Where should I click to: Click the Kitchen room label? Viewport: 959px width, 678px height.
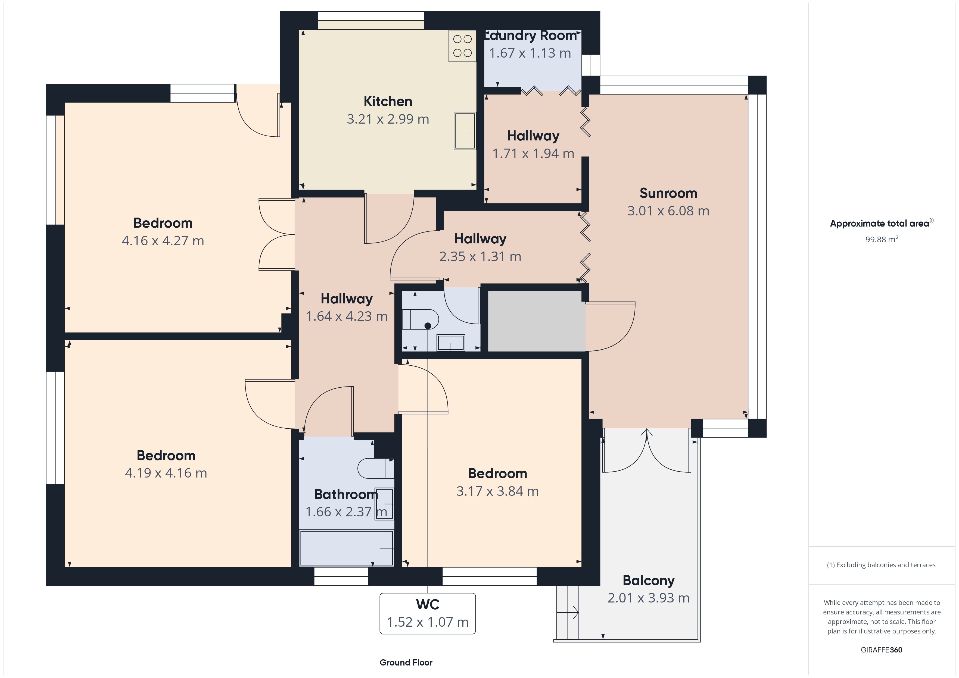tap(388, 101)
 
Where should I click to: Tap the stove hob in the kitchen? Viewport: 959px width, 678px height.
tap(462, 46)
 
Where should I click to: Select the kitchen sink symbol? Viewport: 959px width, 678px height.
tap(465, 131)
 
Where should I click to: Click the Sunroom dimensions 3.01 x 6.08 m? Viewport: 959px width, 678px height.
tap(668, 211)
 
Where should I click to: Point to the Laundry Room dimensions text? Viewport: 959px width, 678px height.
tap(530, 53)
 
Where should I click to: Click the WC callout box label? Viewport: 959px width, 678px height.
tap(428, 604)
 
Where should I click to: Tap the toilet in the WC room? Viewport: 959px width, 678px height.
tap(420, 319)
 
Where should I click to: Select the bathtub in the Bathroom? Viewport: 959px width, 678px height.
tap(347, 548)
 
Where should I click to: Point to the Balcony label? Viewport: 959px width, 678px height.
tap(648, 581)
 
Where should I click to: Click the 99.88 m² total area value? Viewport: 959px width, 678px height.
tap(882, 239)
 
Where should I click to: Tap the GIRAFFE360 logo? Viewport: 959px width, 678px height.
tap(882, 650)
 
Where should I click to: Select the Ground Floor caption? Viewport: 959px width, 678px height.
tap(406, 663)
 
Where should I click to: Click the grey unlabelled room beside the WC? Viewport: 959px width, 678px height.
tap(536, 321)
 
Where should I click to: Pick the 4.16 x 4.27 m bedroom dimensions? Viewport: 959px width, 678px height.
tap(163, 241)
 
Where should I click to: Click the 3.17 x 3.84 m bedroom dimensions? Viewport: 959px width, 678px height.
tap(497, 491)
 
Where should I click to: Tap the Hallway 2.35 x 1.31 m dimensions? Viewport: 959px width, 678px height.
tap(480, 256)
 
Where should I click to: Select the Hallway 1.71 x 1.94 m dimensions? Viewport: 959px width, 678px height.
tap(533, 154)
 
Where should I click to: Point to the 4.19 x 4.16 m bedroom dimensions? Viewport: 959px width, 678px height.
tap(166, 473)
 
